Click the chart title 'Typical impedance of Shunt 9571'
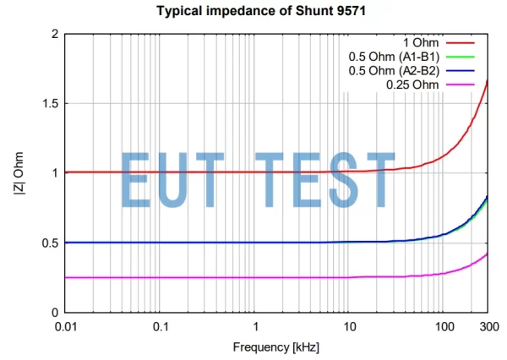[253, 11]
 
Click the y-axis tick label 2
[55, 34]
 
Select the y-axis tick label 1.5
[50, 104]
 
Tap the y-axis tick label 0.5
[50, 243]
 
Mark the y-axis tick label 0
[55, 313]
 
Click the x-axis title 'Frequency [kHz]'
[277, 347]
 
